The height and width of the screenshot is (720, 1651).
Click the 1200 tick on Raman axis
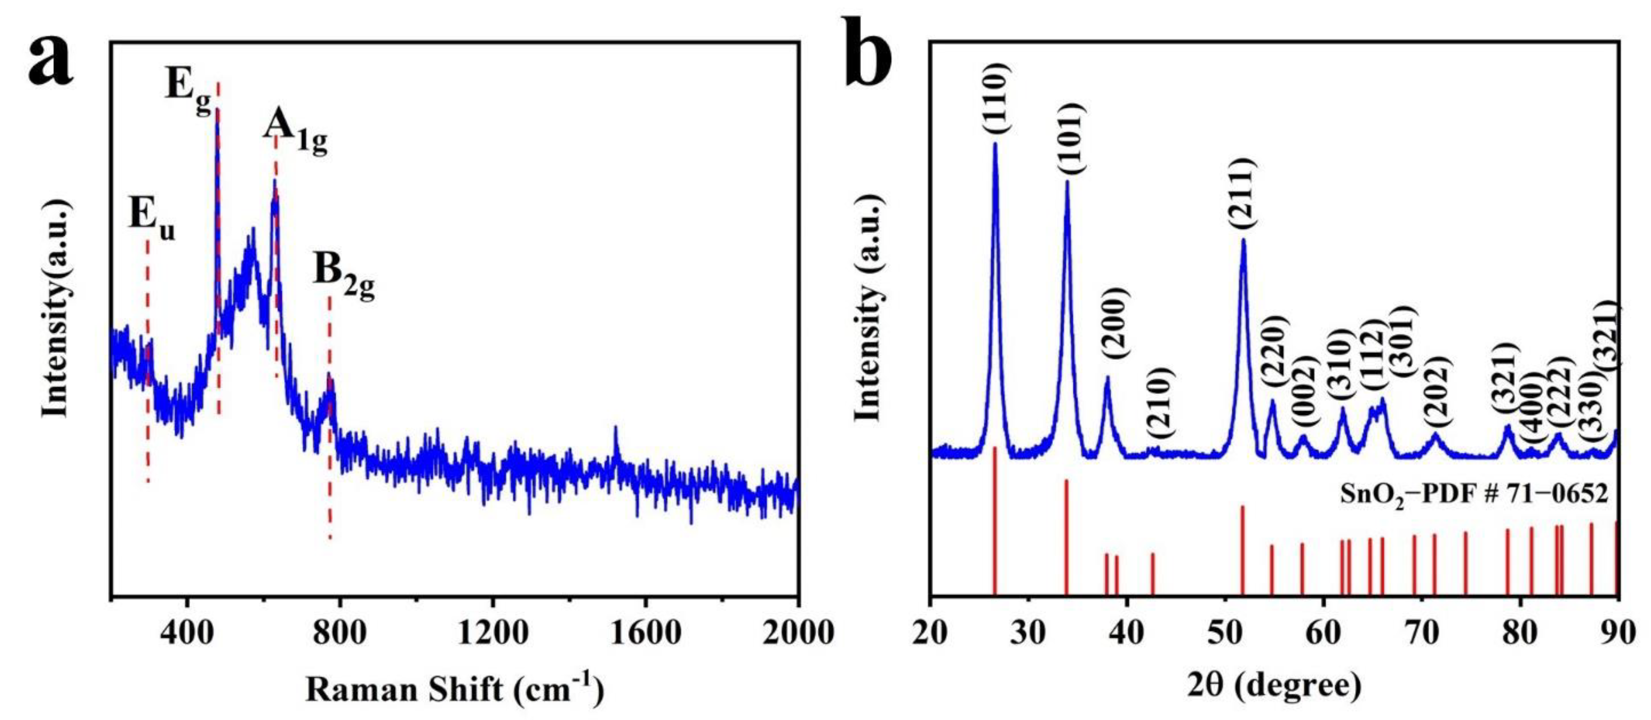(492, 633)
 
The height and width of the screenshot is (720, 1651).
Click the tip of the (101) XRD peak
(1067, 182)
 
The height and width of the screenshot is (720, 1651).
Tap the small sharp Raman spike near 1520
(615, 428)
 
